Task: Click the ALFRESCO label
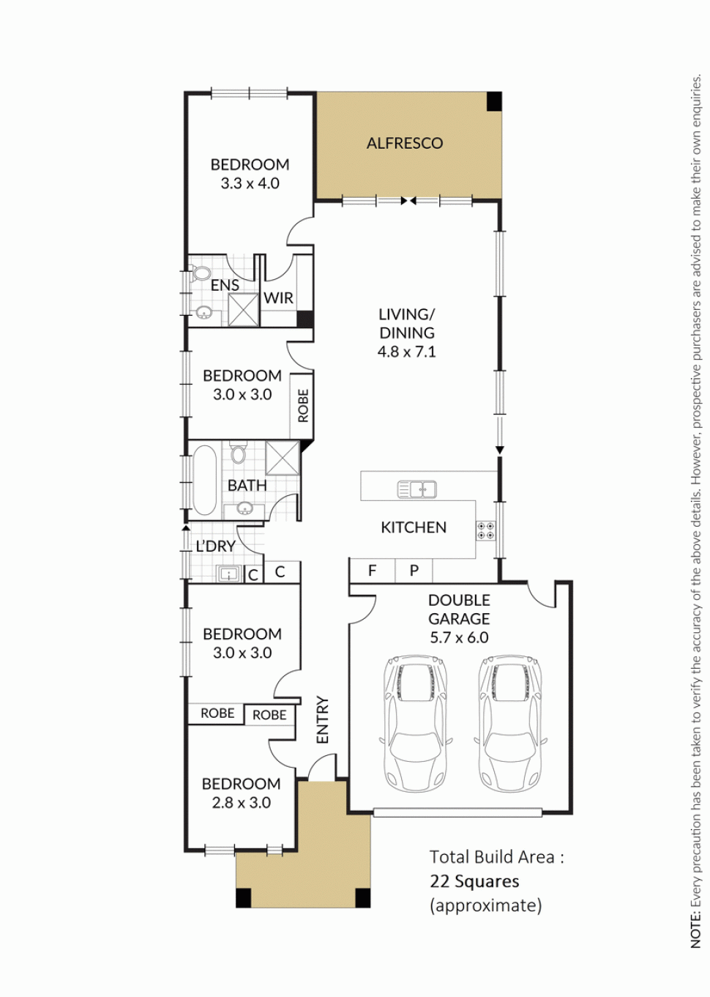pyautogui.click(x=404, y=144)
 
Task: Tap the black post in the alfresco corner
pyautogui.click(x=494, y=102)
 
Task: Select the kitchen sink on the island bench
pyautogui.click(x=416, y=489)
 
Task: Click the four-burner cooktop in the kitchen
pyautogui.click(x=485, y=530)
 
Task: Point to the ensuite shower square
pyautogui.click(x=243, y=309)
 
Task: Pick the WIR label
pyautogui.click(x=278, y=297)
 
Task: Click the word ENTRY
pyautogui.click(x=322, y=719)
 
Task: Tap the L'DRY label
pyautogui.click(x=216, y=546)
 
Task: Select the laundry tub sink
pyautogui.click(x=228, y=574)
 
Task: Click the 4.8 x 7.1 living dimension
pyautogui.click(x=407, y=352)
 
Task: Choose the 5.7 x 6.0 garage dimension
pyautogui.click(x=459, y=637)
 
